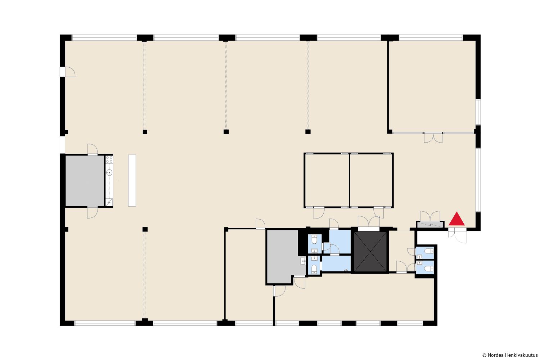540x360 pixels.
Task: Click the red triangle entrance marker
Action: pyautogui.click(x=456, y=219)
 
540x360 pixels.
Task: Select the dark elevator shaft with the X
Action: pyautogui.click(x=370, y=252)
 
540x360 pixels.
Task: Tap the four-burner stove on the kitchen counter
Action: pyautogui.click(x=109, y=159)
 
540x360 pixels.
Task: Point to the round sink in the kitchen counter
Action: pyautogui.click(x=109, y=172)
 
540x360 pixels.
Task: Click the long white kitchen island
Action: pyautogui.click(x=132, y=181)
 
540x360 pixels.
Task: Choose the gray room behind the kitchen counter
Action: pyautogui.click(x=85, y=181)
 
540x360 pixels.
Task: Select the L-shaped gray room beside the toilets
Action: pyautogui.click(x=284, y=256)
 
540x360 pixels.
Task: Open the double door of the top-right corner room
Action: pyautogui.click(x=433, y=138)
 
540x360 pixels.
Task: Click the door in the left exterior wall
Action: pyautogui.click(x=68, y=72)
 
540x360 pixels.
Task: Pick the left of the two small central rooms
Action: pyautogui.click(x=327, y=180)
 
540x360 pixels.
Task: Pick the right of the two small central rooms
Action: pyautogui.click(x=372, y=180)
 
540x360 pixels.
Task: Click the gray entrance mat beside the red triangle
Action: pyautogui.click(x=430, y=225)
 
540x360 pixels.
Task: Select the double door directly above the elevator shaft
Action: pyautogui.click(x=369, y=222)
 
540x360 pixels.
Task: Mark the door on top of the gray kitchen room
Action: pyautogui.click(x=93, y=149)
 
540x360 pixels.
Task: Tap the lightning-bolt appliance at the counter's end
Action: pyautogui.click(x=109, y=202)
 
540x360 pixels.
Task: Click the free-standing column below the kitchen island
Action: pyautogui.click(x=145, y=229)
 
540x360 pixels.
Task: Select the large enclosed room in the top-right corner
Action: pyautogui.click(x=432, y=86)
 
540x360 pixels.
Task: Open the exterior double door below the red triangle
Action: pyautogui.click(x=457, y=236)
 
